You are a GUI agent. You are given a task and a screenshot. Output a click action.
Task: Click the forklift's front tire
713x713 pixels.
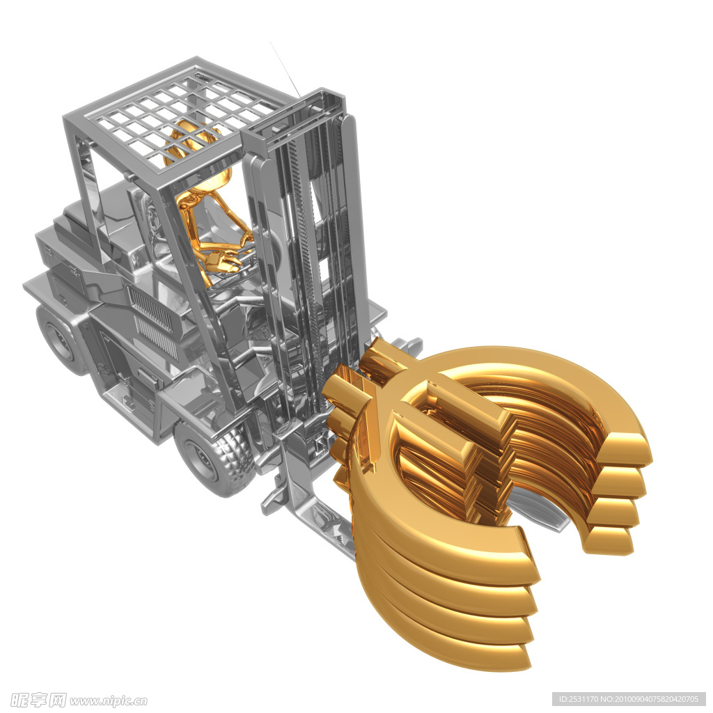tap(214, 460)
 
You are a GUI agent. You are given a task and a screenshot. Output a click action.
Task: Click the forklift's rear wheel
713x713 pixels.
tap(59, 339)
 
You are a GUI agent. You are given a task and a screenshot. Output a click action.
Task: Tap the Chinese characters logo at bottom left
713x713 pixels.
tap(38, 700)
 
